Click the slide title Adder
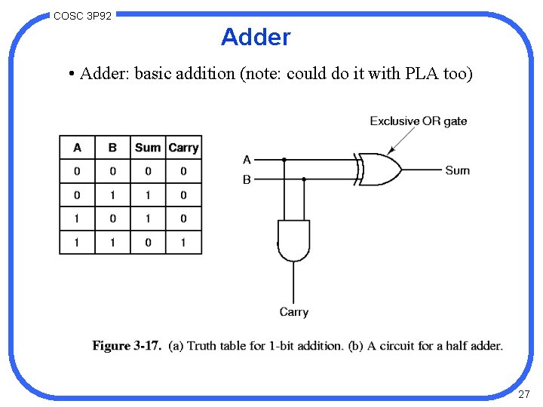(255, 36)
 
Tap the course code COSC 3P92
(83, 15)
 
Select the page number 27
(524, 394)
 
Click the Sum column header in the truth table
(148, 148)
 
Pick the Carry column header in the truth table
(183, 148)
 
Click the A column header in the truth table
(77, 148)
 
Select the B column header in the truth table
(112, 148)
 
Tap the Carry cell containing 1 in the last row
(183, 242)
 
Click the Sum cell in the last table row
(148, 242)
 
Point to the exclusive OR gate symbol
(379, 170)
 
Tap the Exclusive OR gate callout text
(418, 121)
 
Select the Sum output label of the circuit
(457, 170)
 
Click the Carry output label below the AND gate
(293, 312)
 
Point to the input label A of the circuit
(247, 160)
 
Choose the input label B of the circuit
(247, 180)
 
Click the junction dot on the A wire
(284, 160)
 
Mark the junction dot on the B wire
(304, 179)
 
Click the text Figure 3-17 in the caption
(127, 346)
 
